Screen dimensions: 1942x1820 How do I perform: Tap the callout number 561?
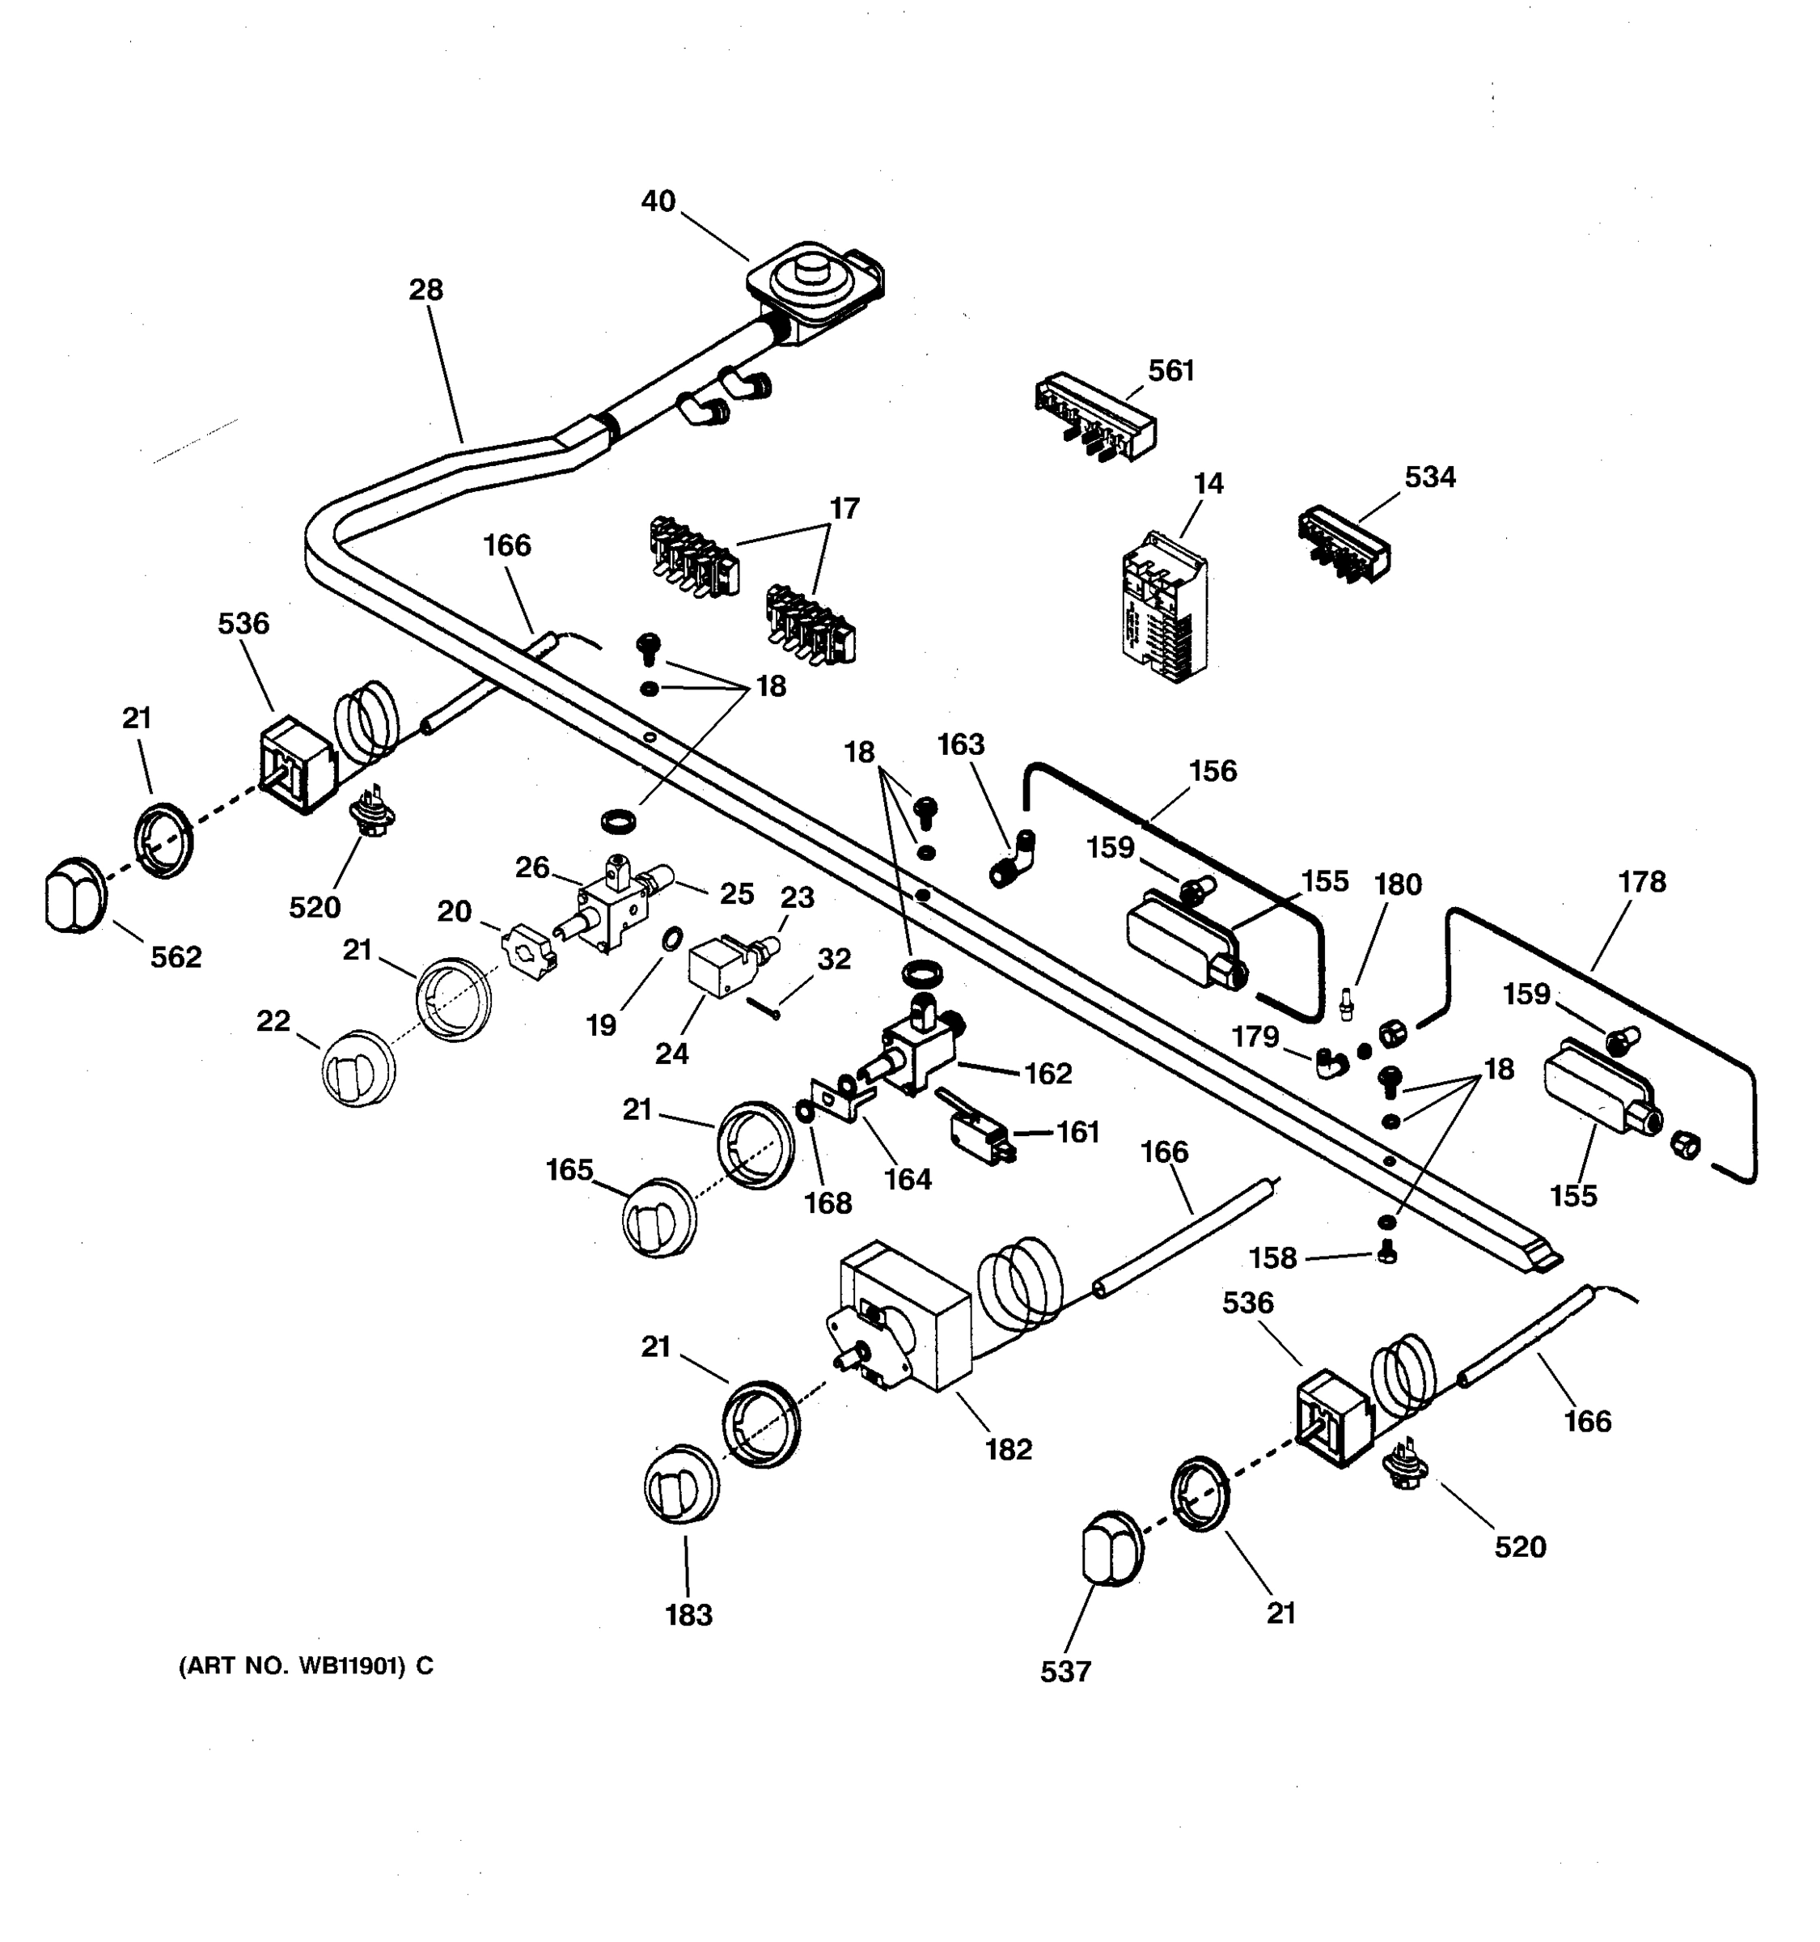click(x=1170, y=371)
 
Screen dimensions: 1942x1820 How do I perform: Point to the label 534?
click(x=1429, y=477)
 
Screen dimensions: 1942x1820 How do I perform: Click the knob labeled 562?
click(x=74, y=895)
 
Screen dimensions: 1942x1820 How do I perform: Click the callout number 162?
click(x=1048, y=1074)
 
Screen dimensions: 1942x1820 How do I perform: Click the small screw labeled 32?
click(x=764, y=1007)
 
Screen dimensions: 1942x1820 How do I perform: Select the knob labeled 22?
click(x=358, y=1069)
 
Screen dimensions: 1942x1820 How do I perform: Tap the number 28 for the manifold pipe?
click(x=425, y=290)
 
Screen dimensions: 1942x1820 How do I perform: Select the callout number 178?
click(x=1641, y=882)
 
